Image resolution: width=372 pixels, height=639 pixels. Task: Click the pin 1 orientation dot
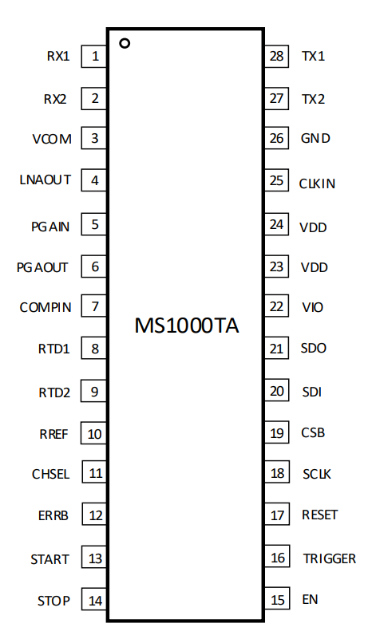coord(125,43)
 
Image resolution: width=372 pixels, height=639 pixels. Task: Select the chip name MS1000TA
coord(187,325)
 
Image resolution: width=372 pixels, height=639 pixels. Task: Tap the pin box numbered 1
coord(94,56)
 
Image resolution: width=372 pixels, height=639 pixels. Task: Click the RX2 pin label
coord(55,99)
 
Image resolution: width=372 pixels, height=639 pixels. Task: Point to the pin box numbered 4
coord(94,179)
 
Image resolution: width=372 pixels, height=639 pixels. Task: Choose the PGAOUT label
coord(42,267)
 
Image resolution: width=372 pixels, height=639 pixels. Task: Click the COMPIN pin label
coord(46,307)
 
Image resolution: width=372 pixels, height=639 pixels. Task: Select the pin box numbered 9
coord(94,391)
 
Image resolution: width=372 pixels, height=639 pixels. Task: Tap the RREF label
coord(53,434)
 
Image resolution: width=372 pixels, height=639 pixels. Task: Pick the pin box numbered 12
coord(95,515)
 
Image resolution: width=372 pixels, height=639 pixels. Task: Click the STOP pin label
coord(53,601)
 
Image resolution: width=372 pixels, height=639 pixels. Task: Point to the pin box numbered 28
coord(277,56)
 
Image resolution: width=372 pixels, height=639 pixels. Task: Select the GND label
coord(315,138)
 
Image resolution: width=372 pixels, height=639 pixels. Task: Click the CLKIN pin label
coord(318,183)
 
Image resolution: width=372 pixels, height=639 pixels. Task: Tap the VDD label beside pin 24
coord(313,227)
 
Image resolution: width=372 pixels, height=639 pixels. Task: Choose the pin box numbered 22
coord(277,306)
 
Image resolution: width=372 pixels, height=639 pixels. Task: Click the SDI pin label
coord(312,392)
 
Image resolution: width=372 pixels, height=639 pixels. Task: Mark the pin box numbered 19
coord(277,432)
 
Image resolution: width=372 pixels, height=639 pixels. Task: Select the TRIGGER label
coord(330,558)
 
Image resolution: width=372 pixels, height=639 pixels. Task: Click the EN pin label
coord(310,599)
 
